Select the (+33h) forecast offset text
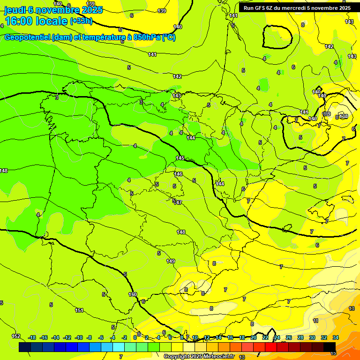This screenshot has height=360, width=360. pyautogui.click(x=81, y=21)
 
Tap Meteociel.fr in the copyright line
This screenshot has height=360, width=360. pyautogui.click(x=218, y=357)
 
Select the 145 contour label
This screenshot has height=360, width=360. pyautogui.click(x=180, y=158)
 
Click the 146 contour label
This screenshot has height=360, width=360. pyautogui.click(x=178, y=174)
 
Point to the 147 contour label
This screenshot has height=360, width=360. pyautogui.click(x=178, y=202)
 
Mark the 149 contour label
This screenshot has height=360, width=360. pyautogui.click(x=171, y=261)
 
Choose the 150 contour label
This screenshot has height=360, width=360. pyautogui.click(x=133, y=294)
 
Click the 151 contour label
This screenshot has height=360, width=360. pyautogui.click(x=80, y=310)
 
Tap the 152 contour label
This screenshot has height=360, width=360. pyautogui.click(x=16, y=336)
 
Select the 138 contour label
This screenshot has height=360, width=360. pyautogui.click(x=344, y=116)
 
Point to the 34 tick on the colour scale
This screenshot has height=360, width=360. pyautogui.click(x=336, y=337)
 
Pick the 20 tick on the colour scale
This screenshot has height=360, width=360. pyautogui.click(x=254, y=337)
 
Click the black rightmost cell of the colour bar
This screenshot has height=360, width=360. pyautogui.click(x=330, y=347)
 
